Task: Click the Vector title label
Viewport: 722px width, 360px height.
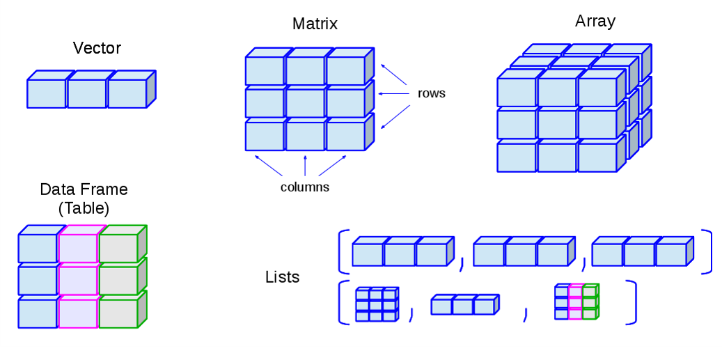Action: point(97,48)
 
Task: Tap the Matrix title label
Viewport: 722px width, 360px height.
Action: point(315,24)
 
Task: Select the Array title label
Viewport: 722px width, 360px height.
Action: point(595,21)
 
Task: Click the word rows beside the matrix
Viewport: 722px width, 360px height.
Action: point(432,93)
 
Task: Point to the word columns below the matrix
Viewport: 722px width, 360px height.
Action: point(305,187)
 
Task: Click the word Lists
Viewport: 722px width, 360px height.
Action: point(283,276)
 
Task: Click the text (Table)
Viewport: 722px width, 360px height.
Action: point(84,208)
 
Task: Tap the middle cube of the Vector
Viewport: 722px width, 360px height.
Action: point(87,93)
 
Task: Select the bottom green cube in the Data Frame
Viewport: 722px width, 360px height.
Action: point(118,313)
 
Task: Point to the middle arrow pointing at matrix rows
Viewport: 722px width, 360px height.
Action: point(394,93)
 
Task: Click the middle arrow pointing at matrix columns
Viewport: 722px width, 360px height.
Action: point(305,166)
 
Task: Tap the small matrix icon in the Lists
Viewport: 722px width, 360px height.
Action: point(376,304)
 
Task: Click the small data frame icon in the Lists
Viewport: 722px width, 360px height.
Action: point(576,302)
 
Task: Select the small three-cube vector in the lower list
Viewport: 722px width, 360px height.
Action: point(464,306)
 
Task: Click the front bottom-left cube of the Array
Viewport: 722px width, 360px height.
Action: point(516,157)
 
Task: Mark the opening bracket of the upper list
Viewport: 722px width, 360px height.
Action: point(342,251)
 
